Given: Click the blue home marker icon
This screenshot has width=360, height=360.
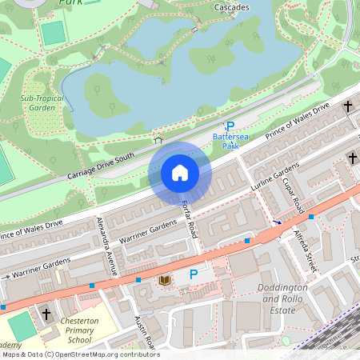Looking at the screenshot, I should pos(180,173).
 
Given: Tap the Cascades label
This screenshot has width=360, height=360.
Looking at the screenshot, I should pos(231,7).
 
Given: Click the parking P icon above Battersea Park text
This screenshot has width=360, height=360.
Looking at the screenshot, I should pos(230,126).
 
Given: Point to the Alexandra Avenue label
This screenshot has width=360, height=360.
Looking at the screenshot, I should pos(106,246).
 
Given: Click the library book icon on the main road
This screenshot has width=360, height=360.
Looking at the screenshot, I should pos(165,280).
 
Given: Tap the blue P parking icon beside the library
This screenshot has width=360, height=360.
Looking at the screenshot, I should pos(193,275).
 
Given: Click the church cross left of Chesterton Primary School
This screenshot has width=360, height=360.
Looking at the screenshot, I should pos(46,314).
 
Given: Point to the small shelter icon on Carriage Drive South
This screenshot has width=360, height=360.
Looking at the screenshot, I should pos(158,141).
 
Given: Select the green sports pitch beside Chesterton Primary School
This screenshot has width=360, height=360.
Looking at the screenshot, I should pos(24,327).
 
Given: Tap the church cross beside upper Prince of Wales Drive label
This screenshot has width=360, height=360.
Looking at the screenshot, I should pos(348,106).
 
